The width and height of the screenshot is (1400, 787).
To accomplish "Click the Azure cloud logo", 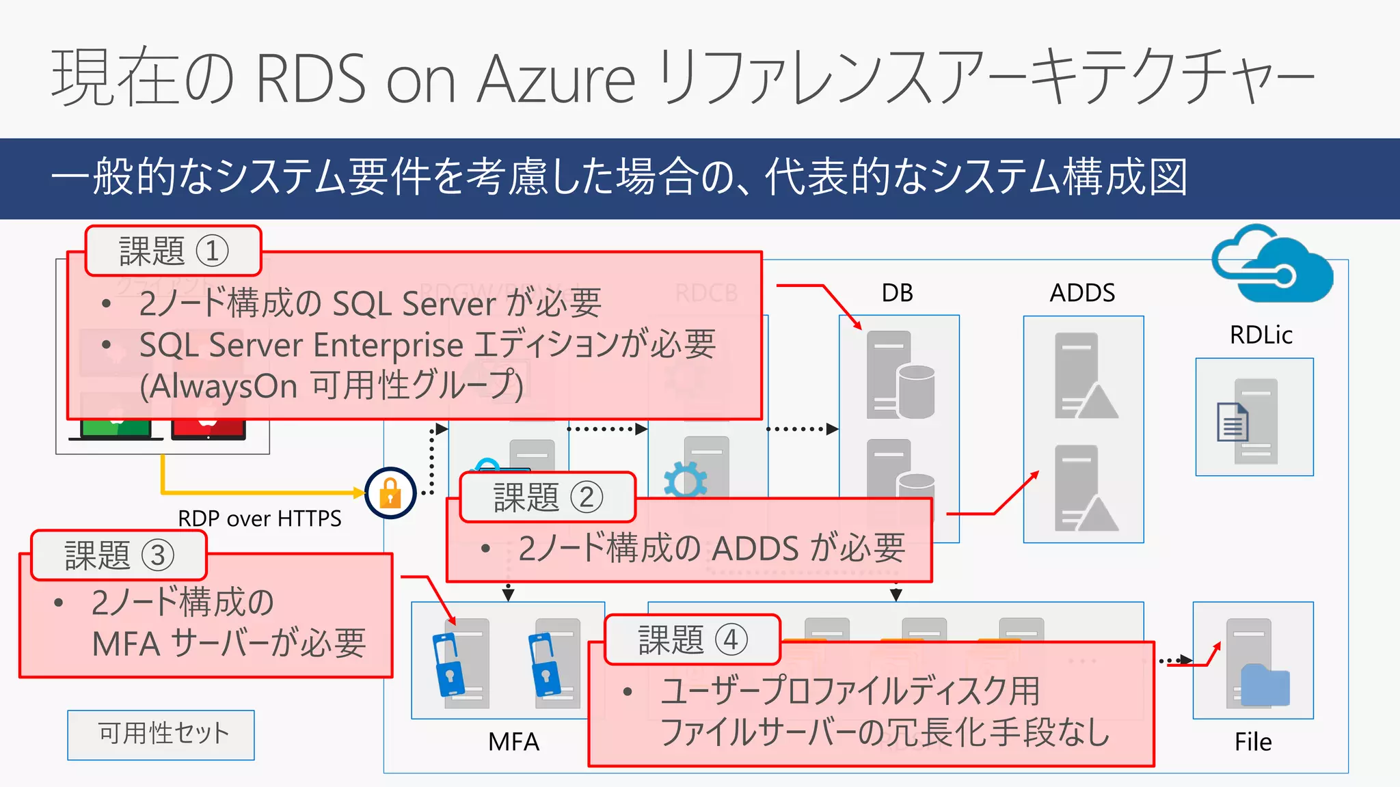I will pos(1272,266).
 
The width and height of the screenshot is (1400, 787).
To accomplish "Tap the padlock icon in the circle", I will pos(390,493).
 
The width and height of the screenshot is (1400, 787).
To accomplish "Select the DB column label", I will pos(897,293).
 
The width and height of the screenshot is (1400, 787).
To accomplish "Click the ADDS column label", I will pos(1082,293).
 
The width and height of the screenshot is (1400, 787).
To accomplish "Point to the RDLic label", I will pos(1261,335).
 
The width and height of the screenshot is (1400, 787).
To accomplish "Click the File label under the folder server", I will pos(1252,742).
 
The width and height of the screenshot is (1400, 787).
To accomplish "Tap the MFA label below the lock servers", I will pos(513,742).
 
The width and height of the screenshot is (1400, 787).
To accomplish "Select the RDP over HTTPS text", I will pos(259,519).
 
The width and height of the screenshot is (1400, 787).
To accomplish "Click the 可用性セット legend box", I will pos(161,734).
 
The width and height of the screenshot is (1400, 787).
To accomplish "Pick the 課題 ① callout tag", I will pos(173,251).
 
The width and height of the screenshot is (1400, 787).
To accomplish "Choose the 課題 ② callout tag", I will pos(548,497).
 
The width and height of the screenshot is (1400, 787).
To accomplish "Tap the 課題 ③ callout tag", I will pos(119,555).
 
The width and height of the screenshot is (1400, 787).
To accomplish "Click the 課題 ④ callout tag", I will pos(692,640).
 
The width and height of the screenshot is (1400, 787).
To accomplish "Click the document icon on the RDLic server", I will pos(1233,423).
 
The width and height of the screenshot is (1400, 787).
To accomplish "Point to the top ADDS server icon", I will pos(1083,375).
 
